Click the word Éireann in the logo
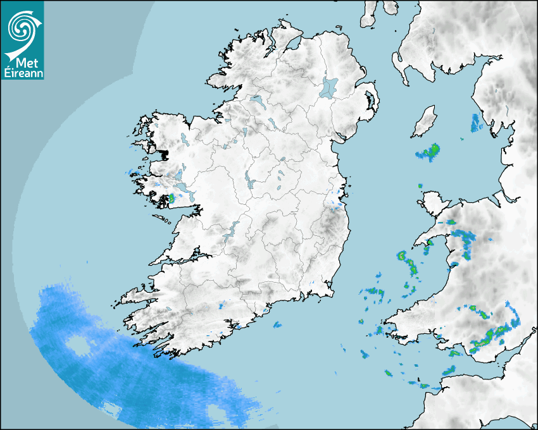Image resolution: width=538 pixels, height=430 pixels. pyautogui.click(x=22, y=73)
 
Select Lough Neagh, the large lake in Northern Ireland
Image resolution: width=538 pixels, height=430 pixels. pyautogui.click(x=329, y=87)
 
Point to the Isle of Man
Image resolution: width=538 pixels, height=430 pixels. pyautogui.click(x=425, y=122)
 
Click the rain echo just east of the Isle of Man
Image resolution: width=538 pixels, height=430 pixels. pyautogui.click(x=476, y=123)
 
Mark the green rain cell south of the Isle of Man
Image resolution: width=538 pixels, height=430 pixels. pyautogui.click(x=429, y=152)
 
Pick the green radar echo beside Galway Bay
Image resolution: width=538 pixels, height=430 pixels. pyautogui.click(x=171, y=199)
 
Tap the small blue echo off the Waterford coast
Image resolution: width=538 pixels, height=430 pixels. pyautogui.click(x=277, y=326)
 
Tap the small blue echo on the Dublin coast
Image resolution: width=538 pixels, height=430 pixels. pyautogui.click(x=338, y=204)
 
